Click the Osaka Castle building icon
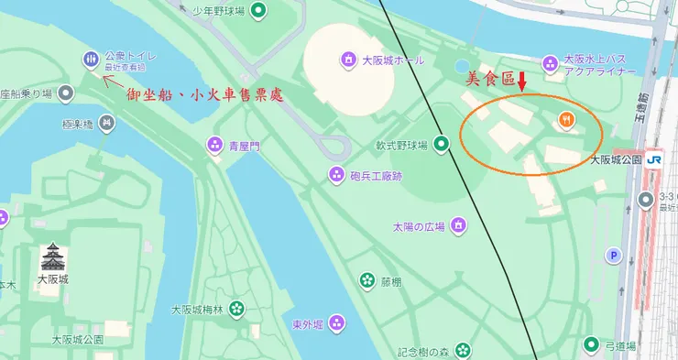point(54,256)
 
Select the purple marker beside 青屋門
point(214,144)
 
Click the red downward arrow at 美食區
point(521,82)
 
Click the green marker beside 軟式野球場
point(442,143)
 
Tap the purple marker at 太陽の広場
point(458,226)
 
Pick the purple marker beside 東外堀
point(337,322)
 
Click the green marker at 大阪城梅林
point(237,310)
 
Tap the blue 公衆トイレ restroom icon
point(91,60)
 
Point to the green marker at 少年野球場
point(259,11)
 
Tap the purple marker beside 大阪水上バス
point(550,63)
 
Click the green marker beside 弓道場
point(592,345)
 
